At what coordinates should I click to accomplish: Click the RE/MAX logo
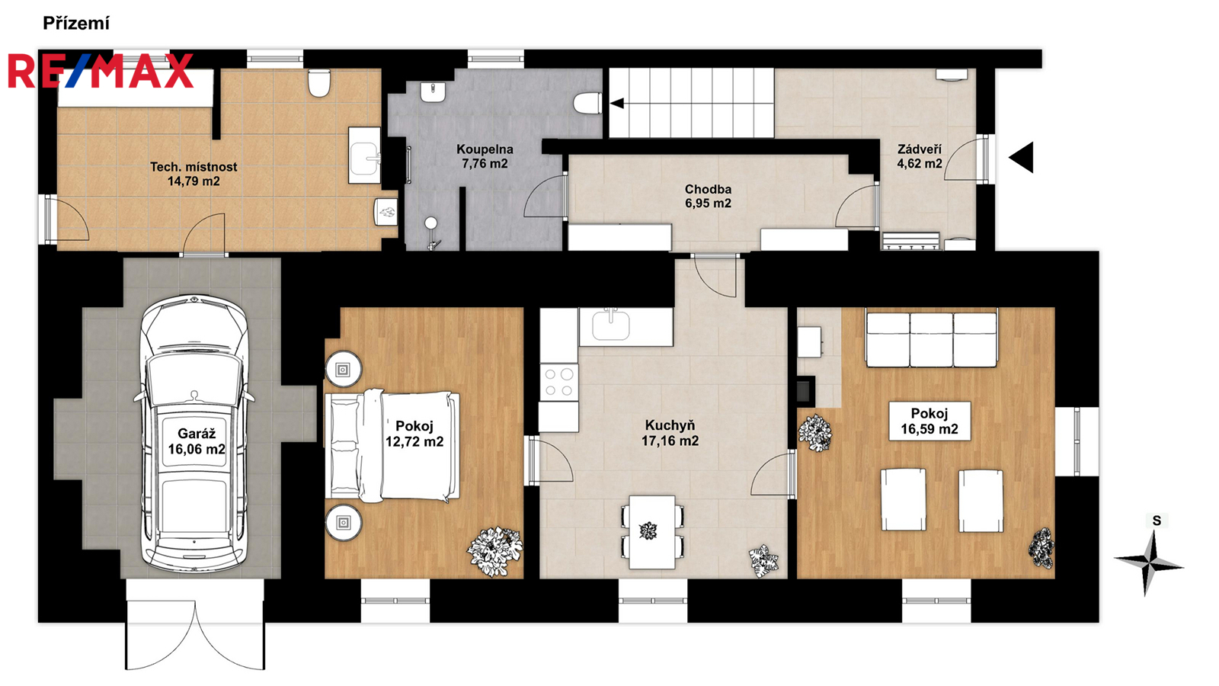[x=101, y=71]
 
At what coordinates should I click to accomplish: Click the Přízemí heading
[x=76, y=24]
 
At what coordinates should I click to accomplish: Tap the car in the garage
[x=194, y=434]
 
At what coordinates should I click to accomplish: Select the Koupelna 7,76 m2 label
[x=485, y=156]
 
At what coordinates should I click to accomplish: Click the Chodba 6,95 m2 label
[x=708, y=196]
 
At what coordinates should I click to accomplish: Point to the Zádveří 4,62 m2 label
[x=919, y=156]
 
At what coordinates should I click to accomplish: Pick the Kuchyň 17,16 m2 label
[x=670, y=433]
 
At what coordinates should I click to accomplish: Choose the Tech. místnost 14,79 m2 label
[x=194, y=174]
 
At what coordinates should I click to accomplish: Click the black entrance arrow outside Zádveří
[x=1021, y=157]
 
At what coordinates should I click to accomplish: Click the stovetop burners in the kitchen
[x=559, y=382]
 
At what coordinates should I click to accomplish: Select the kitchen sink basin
[x=610, y=325]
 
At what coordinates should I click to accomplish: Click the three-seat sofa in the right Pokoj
[x=932, y=338]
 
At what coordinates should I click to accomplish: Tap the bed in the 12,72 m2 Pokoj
[x=392, y=445]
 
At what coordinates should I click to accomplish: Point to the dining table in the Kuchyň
[x=652, y=532]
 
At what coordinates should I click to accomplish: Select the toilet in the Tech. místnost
[x=319, y=83]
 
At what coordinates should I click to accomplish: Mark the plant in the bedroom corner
[x=494, y=551]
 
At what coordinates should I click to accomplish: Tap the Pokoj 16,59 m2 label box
[x=929, y=421]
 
